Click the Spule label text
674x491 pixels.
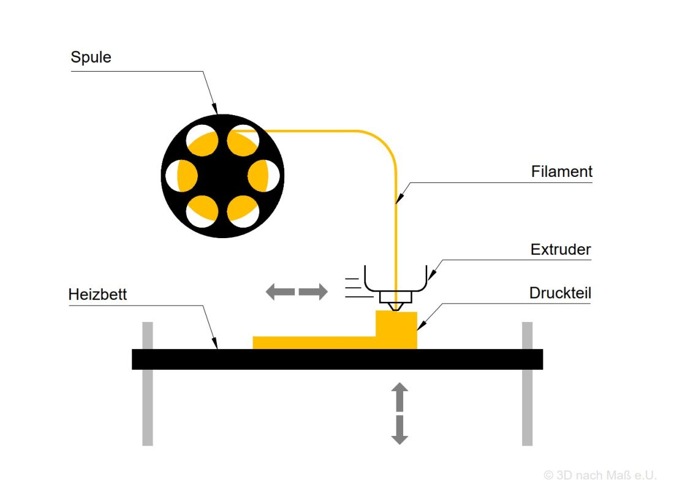click(x=91, y=58)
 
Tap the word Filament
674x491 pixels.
click(x=561, y=172)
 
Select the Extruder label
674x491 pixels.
click(x=560, y=250)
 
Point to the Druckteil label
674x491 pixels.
click(x=560, y=294)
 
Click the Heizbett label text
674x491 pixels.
click(x=98, y=294)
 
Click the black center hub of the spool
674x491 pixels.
click(x=222, y=176)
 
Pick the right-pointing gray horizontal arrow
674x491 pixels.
click(x=314, y=292)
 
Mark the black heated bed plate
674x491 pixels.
click(x=337, y=359)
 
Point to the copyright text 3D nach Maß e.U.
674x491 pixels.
click(x=600, y=475)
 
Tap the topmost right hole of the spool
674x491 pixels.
click(x=243, y=141)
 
